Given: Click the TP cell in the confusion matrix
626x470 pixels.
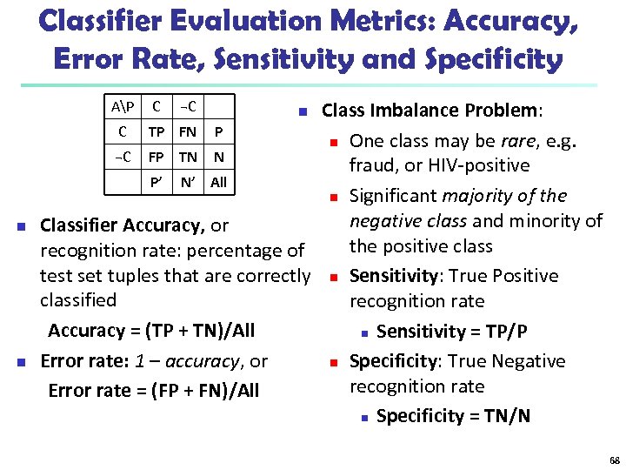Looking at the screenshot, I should coord(156,132).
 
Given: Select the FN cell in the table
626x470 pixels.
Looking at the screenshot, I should coord(187,132).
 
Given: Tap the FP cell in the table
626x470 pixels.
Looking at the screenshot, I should coord(156,158).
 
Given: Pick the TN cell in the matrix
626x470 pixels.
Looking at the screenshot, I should coord(187,158).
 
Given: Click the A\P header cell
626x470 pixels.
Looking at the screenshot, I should coord(122,107).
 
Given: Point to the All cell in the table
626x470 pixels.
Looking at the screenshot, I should coord(218,183).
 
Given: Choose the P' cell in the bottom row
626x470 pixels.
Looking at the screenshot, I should coord(156,183).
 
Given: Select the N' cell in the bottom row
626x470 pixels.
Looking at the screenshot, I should coord(187,183).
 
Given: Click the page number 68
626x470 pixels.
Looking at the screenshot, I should coord(615,460).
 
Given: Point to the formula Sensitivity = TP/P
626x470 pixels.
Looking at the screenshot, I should coord(452,332).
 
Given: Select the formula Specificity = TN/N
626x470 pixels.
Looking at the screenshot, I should coord(453,416).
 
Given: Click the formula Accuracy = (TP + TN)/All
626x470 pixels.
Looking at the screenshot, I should coord(151,331).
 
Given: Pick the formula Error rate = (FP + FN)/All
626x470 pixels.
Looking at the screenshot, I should coord(153,391).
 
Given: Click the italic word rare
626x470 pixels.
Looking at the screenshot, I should coord(518,141).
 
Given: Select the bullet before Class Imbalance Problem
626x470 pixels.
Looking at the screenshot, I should coord(301,111).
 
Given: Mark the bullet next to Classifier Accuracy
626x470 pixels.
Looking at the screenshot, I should coord(20,226).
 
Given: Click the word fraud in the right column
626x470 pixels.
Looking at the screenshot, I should coord(371,165).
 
